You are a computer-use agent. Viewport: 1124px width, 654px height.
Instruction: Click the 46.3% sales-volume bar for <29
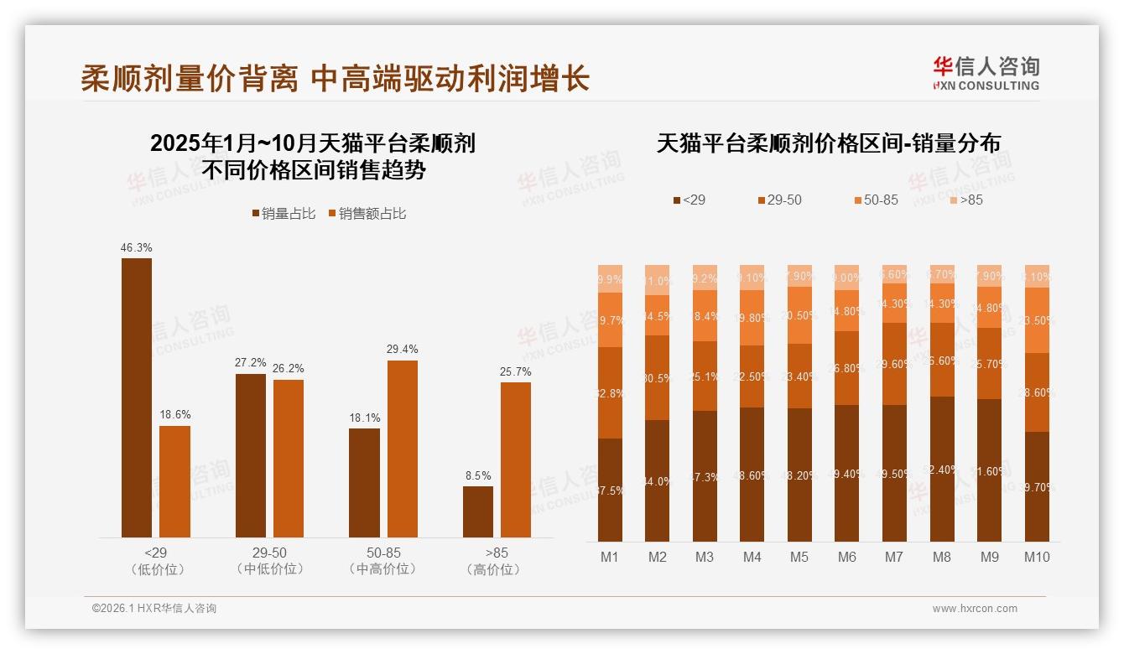point(137,397)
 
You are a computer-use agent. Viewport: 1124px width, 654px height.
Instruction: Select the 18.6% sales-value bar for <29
point(174,481)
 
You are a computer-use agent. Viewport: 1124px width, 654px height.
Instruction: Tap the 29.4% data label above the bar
point(403,349)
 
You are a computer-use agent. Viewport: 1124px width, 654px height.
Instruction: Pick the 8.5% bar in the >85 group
point(478,511)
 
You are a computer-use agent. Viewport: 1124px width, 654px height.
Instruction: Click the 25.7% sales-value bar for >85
point(516,459)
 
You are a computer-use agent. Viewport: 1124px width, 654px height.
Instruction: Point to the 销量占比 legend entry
point(284,214)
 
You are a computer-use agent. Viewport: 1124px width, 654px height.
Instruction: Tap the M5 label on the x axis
point(799,557)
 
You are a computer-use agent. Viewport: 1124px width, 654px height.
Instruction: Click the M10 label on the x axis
point(1037,557)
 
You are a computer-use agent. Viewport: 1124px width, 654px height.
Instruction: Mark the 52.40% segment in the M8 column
point(942,469)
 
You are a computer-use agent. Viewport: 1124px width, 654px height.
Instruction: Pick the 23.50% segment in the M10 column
point(1037,320)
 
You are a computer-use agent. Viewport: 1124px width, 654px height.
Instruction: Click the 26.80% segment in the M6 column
point(847,368)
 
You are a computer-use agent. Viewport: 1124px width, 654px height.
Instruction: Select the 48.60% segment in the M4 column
point(752,474)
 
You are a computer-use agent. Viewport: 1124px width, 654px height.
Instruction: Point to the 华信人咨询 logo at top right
point(986,73)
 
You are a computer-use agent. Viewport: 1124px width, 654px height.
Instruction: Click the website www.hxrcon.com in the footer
point(975,609)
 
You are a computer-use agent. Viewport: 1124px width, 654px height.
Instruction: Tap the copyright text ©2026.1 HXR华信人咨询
point(154,609)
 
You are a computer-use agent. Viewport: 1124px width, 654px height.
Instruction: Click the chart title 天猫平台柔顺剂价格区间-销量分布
point(828,143)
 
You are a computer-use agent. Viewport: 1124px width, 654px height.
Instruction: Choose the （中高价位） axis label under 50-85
point(383,569)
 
